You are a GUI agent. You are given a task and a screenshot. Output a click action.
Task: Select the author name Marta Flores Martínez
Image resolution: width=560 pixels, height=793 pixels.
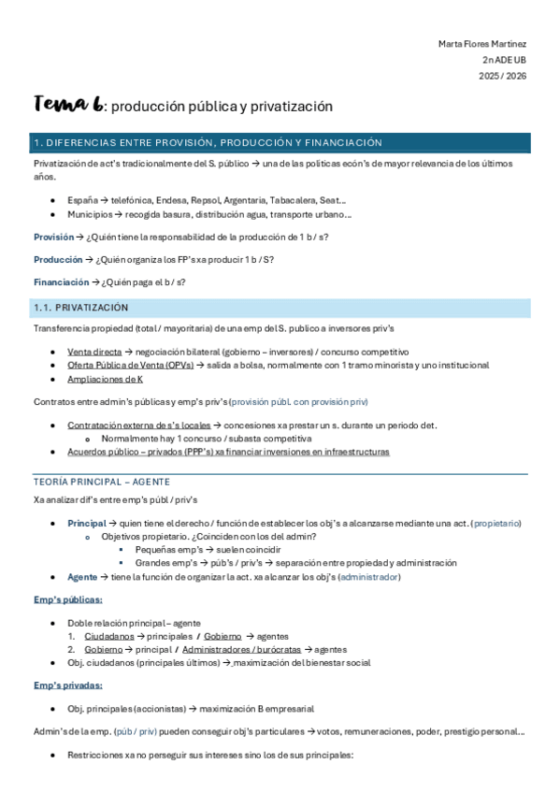(x=482, y=44)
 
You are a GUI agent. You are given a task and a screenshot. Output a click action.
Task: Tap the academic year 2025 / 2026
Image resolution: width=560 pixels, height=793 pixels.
(x=504, y=76)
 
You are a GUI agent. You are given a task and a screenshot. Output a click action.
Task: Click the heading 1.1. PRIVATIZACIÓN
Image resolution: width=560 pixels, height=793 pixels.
(x=81, y=308)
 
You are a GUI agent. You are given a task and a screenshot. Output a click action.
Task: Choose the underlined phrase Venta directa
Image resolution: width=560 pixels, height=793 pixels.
(x=93, y=351)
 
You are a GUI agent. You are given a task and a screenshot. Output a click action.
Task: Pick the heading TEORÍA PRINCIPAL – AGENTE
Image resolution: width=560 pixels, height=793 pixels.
(x=101, y=481)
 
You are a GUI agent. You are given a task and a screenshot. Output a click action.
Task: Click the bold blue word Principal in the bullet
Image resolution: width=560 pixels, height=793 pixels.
(x=87, y=523)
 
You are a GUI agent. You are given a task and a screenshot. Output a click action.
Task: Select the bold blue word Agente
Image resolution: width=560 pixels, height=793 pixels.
(x=82, y=577)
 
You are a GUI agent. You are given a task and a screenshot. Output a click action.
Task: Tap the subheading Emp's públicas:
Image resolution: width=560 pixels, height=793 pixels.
(x=67, y=599)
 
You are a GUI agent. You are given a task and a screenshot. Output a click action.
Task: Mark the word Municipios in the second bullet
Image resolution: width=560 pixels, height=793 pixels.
(x=91, y=214)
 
